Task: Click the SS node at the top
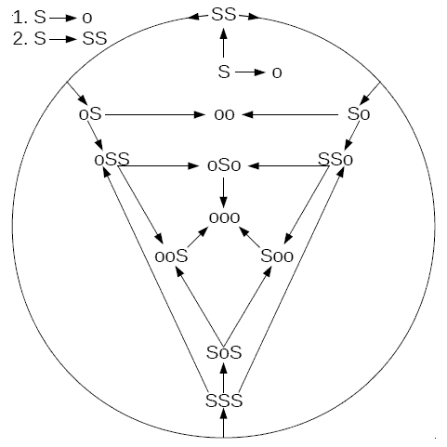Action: tap(224, 15)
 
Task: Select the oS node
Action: tap(90, 114)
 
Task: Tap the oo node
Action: tap(224, 114)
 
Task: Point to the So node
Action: tap(359, 114)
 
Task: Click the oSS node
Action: tap(112, 160)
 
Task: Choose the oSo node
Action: tap(224, 166)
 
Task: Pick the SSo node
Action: tap(335, 160)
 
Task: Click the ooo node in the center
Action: tap(224, 217)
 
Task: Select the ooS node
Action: tap(171, 256)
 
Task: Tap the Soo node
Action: tap(277, 256)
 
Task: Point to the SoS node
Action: tap(224, 352)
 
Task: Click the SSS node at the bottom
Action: tap(224, 401)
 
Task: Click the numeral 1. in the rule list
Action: tap(20, 18)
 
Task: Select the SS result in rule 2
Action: tap(95, 39)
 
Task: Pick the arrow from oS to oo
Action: tap(155, 115)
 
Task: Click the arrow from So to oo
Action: tap(290, 115)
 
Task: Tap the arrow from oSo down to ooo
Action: tap(224, 192)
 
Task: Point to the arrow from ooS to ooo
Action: tap(198, 238)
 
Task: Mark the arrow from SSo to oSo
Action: tap(289, 166)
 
